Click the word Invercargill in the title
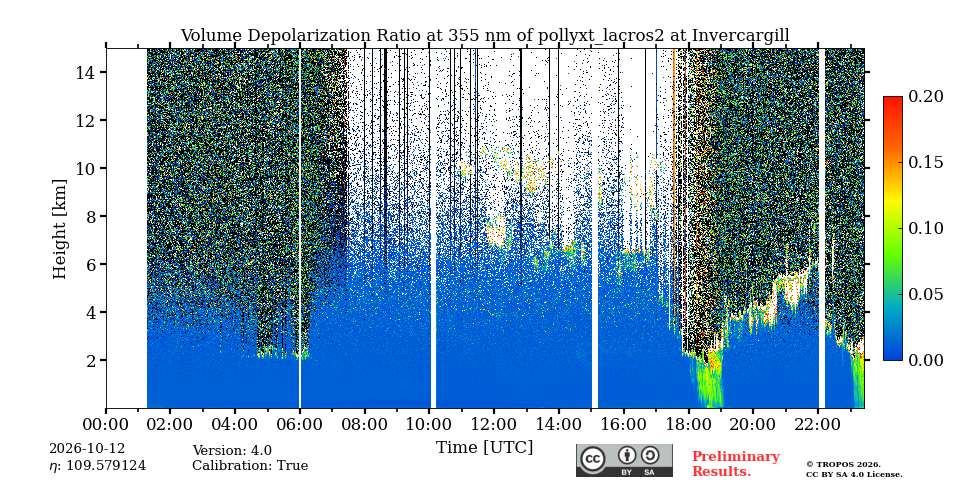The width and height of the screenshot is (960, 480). [x=740, y=36]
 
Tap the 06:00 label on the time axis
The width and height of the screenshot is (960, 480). [x=300, y=423]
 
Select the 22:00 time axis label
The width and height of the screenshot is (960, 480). [x=819, y=423]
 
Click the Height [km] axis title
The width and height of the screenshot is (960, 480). [x=59, y=229]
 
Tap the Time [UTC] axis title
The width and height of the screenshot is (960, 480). [x=484, y=448]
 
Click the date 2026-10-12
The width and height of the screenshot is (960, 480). [x=87, y=449]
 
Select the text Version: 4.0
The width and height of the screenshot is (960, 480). [x=232, y=451]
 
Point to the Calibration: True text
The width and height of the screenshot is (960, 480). [x=250, y=466]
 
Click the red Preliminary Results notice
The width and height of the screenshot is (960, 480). [x=736, y=464]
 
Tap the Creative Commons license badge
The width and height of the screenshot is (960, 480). [x=624, y=460]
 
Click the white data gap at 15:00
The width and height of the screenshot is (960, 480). [x=594, y=228]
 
